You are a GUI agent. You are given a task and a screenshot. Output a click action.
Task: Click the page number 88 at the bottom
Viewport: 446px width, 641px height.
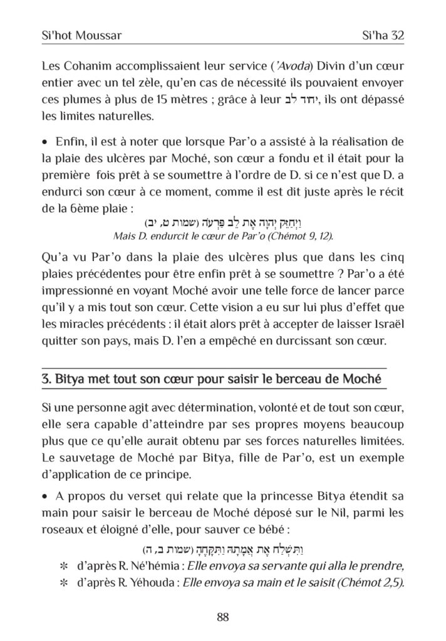point(222,617)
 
